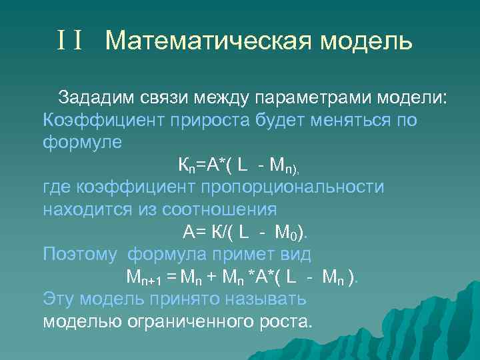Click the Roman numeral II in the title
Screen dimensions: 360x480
point(69,41)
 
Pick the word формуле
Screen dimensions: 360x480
point(83,143)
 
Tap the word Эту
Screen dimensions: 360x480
point(59,299)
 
